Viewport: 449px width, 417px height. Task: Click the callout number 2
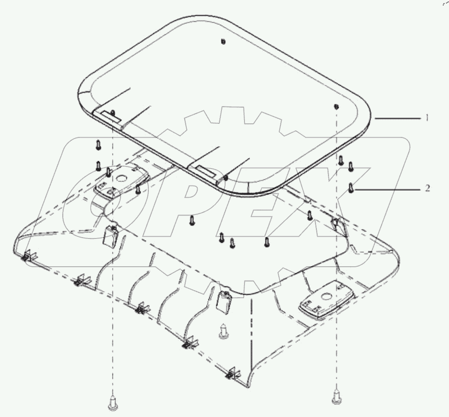[x=427, y=189]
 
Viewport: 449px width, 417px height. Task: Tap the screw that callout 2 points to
[x=351, y=188]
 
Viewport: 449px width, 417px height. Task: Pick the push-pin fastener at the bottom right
[x=336, y=396]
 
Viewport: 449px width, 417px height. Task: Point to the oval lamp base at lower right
[x=321, y=303]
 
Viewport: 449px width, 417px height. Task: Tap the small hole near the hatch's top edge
[x=223, y=42]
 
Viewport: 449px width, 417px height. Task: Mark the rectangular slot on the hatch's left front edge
[x=109, y=114]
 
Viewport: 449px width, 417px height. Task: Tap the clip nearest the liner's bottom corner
[x=234, y=373]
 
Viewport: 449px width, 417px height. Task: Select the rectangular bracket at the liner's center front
[x=223, y=301]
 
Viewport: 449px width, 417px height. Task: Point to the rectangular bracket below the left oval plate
[x=112, y=235]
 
